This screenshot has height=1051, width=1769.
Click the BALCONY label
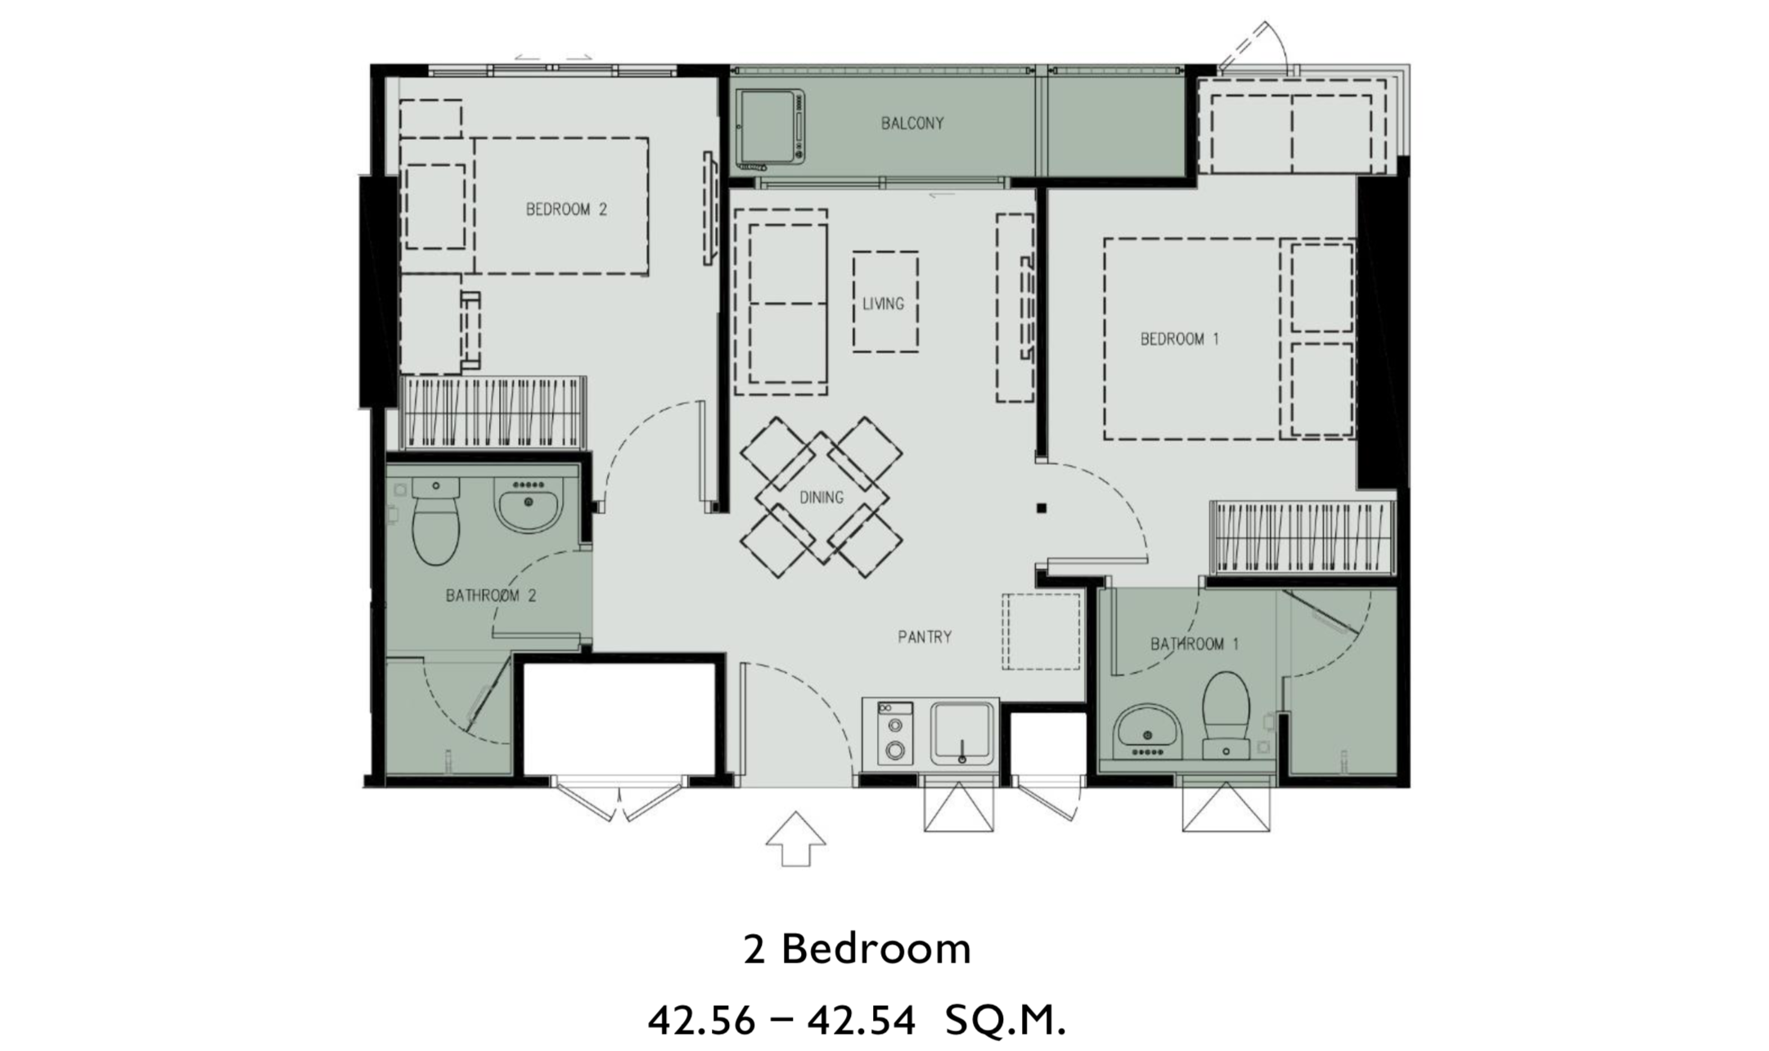point(912,124)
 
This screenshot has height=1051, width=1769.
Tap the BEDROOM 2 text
point(566,210)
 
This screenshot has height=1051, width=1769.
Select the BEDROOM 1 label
point(1180,339)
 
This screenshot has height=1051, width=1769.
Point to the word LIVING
point(884,304)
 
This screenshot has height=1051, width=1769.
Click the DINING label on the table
point(821,498)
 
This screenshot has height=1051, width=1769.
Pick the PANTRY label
point(925,637)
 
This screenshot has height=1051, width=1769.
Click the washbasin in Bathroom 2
point(529,503)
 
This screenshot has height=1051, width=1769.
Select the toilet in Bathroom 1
point(1226,715)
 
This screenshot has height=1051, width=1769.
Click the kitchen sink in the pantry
point(962,733)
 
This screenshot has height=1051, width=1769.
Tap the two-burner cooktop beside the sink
point(895,733)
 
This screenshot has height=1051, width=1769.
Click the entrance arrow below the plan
point(795,838)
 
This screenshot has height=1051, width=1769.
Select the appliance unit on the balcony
point(769,128)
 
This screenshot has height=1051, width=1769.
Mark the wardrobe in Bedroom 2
point(493,413)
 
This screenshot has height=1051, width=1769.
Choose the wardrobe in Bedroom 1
point(1303,537)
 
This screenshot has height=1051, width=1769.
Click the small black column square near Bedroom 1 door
point(1042,508)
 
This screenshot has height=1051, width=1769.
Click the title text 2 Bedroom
point(857,949)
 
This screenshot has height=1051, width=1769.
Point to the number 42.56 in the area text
point(701,1021)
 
